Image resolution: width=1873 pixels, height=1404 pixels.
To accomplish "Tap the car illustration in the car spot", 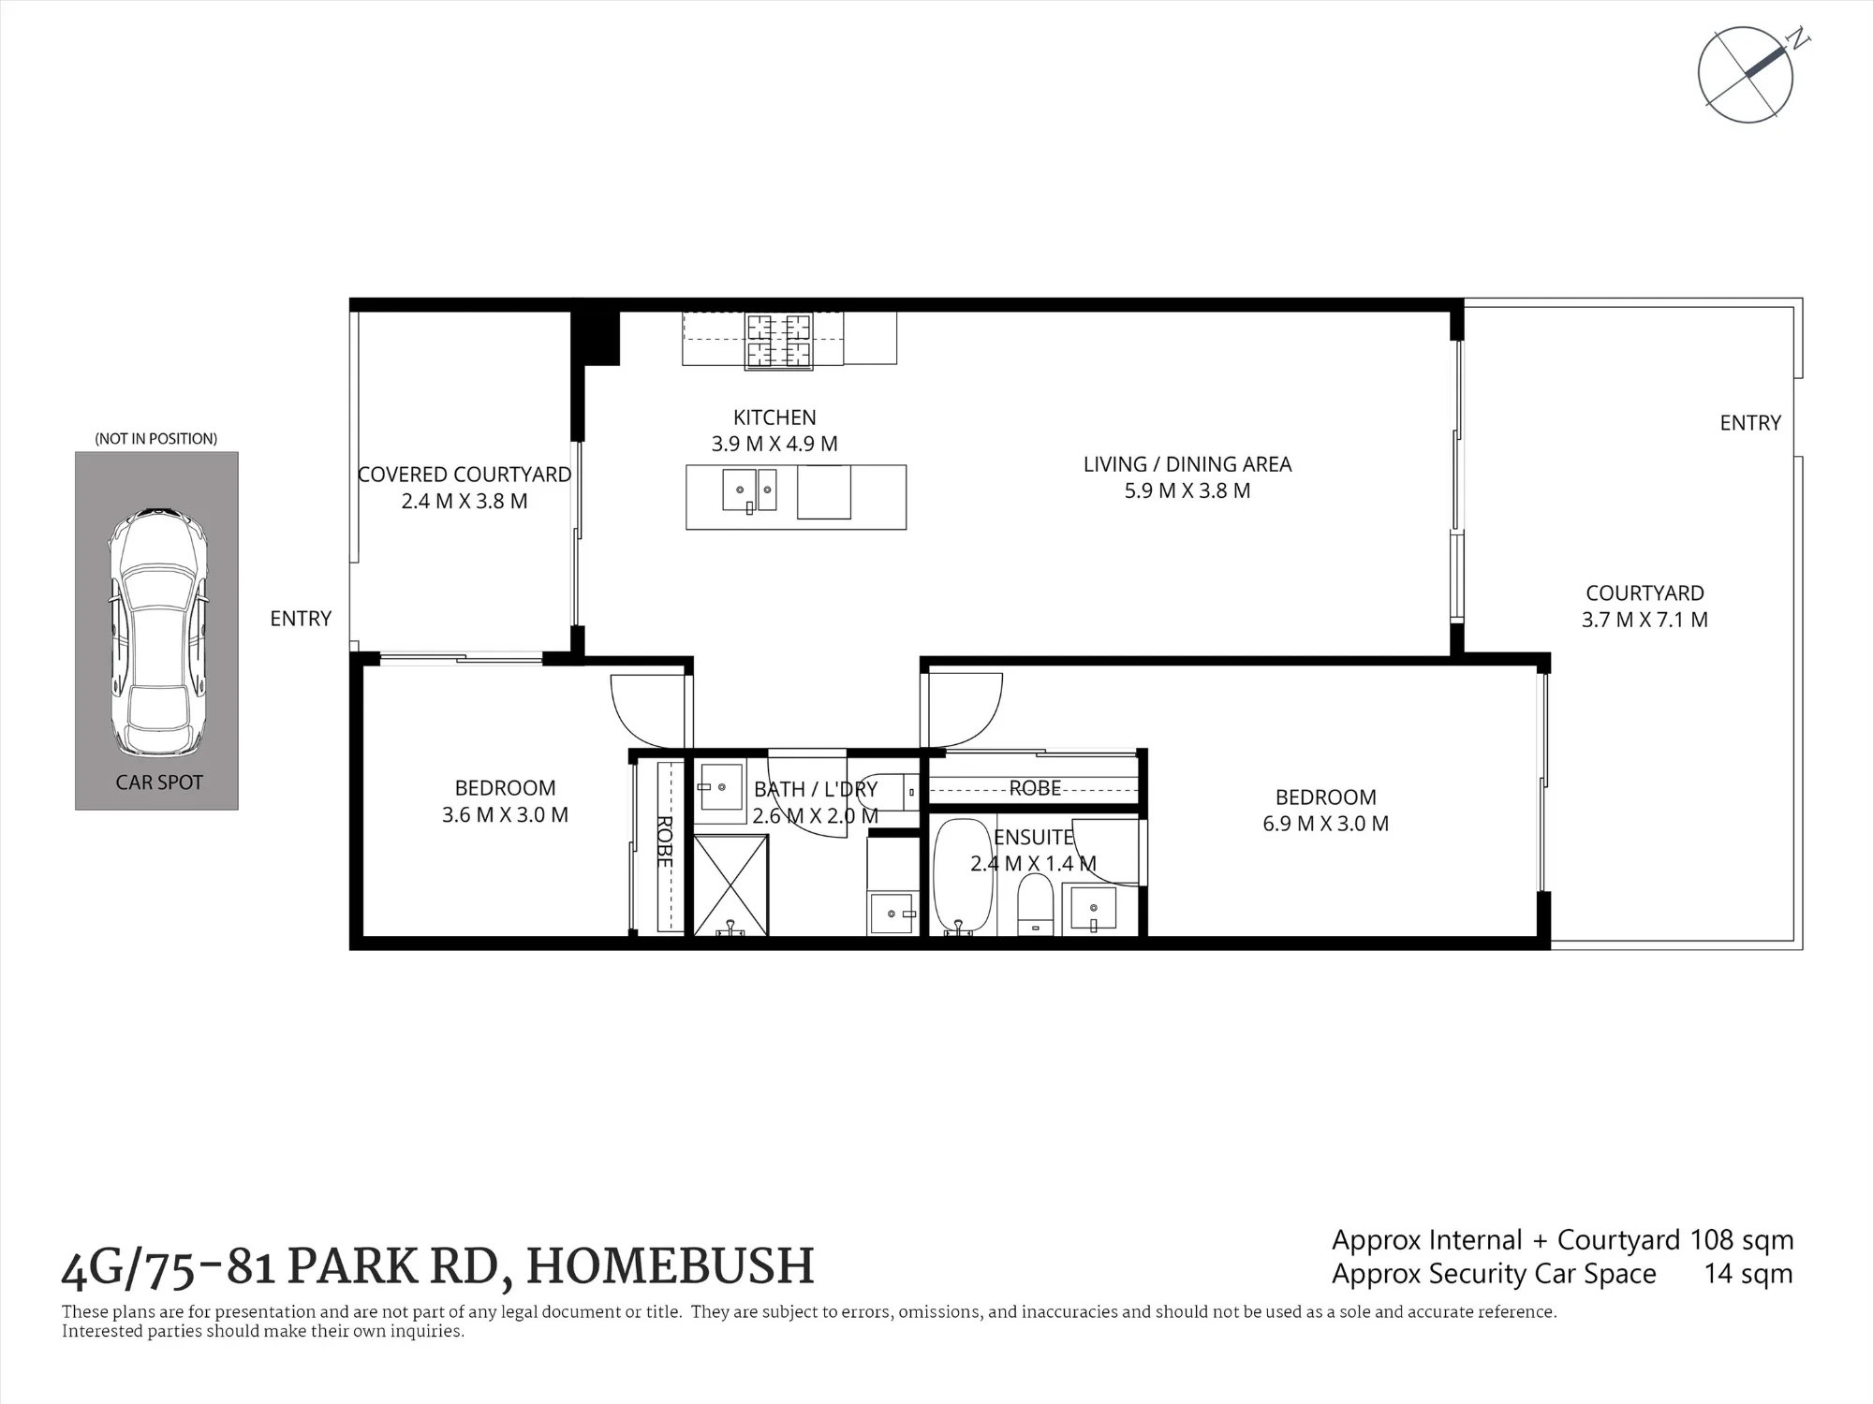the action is (157, 633).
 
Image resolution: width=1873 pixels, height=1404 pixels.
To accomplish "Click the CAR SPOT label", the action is (159, 782).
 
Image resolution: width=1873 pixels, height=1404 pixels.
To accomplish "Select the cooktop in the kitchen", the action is (777, 340).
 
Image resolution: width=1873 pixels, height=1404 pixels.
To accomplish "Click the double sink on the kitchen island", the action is (749, 491).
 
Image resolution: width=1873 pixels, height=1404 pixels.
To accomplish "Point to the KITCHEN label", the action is (774, 417).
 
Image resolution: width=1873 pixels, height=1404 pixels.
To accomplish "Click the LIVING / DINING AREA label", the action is (1187, 464).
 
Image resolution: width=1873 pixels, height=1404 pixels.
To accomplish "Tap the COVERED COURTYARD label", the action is (465, 475).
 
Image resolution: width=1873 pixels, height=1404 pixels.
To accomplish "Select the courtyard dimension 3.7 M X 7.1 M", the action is (1644, 620).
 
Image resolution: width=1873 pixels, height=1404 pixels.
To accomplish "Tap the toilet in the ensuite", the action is (1035, 904).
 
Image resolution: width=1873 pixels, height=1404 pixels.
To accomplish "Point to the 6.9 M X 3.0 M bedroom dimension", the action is (1325, 824).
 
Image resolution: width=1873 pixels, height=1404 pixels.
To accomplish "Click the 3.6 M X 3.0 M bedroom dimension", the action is (505, 814).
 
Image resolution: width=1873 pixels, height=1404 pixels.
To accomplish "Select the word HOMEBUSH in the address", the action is (671, 1266).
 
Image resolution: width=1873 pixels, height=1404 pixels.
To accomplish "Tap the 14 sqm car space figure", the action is (1748, 1275).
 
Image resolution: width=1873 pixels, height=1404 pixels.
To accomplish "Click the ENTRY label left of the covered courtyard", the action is (301, 619).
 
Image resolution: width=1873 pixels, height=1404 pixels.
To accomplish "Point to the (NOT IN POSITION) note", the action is (156, 439).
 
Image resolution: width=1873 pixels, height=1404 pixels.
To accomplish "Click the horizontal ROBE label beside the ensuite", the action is (1035, 788).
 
